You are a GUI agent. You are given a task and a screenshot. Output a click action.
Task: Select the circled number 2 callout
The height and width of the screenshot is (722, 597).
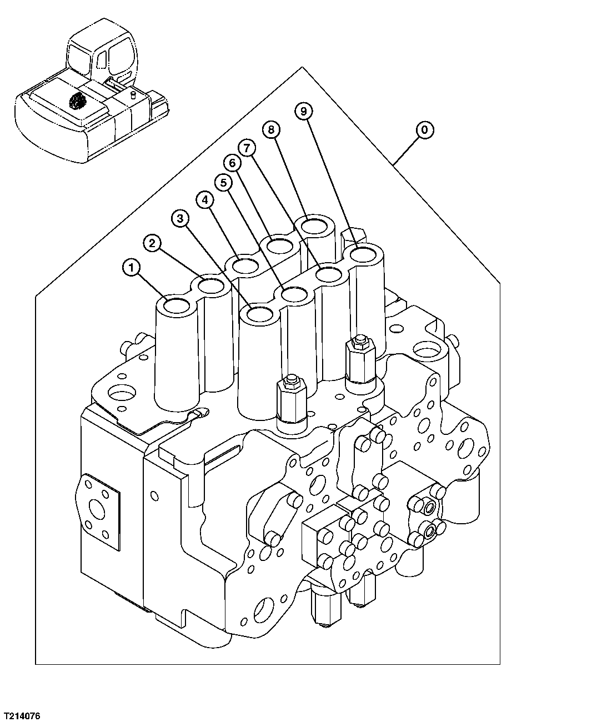(x=153, y=242)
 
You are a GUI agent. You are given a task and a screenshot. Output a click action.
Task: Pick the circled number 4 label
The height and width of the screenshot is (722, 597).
(x=205, y=199)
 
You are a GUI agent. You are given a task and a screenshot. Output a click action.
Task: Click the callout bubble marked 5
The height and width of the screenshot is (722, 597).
(x=223, y=182)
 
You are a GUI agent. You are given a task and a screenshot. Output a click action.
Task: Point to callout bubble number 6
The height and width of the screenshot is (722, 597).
(x=232, y=163)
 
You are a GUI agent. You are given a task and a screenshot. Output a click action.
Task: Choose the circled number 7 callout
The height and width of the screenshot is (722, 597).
(x=247, y=147)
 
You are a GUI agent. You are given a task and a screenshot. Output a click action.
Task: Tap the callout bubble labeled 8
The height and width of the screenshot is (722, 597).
(x=271, y=130)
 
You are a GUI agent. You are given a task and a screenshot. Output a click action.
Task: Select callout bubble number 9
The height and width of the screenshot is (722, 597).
(x=303, y=112)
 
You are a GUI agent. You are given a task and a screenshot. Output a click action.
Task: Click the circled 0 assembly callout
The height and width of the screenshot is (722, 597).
(x=424, y=130)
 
